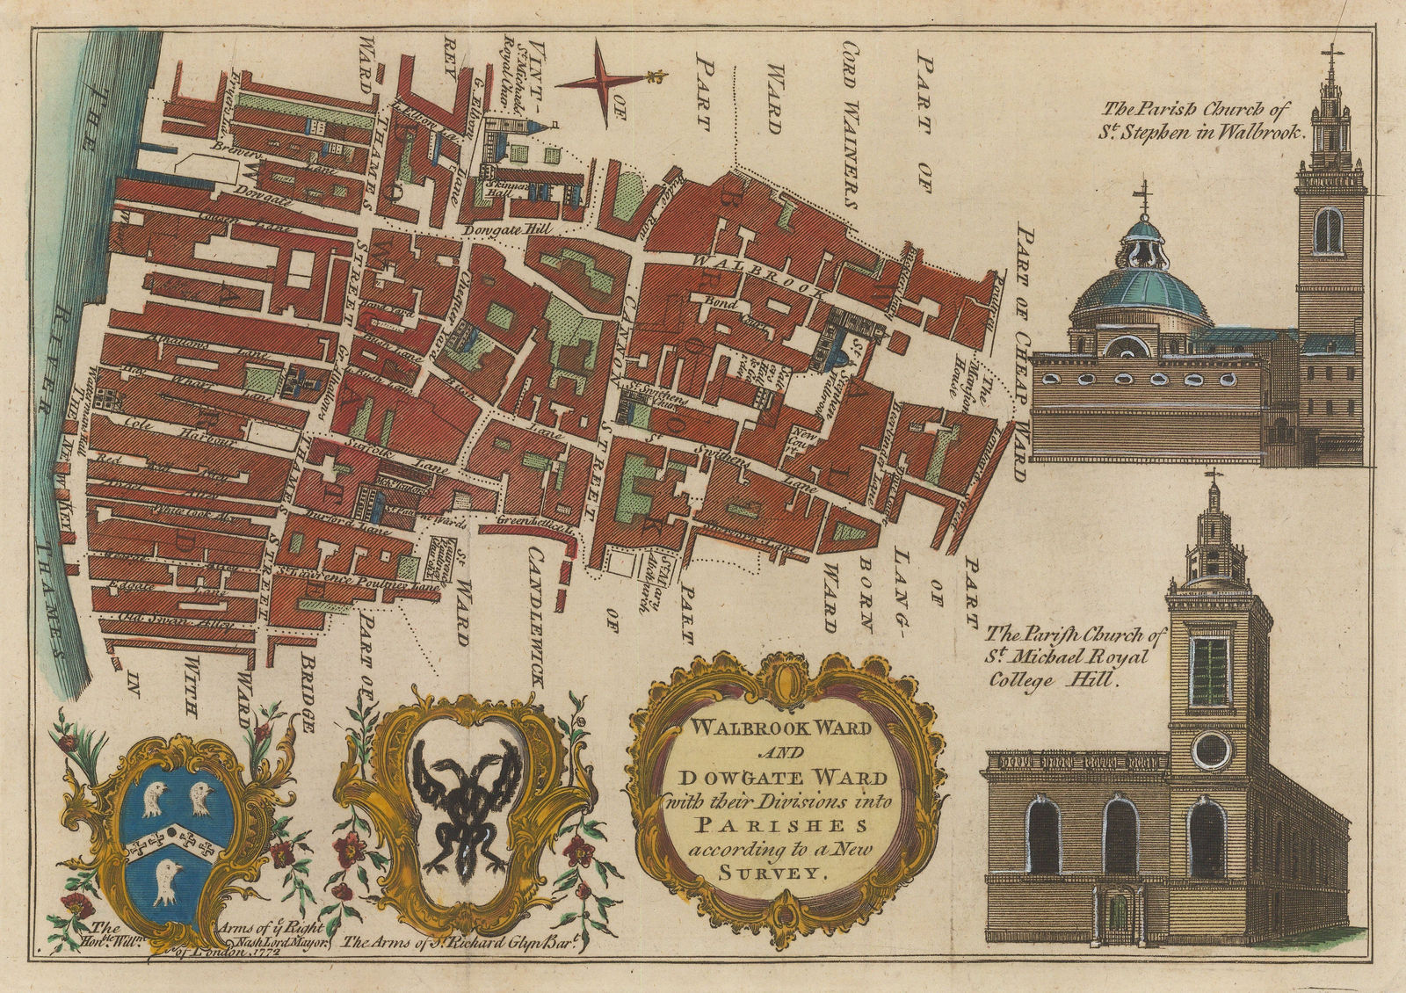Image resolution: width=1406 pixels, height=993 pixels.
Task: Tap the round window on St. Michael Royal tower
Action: (x=1215, y=748)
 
